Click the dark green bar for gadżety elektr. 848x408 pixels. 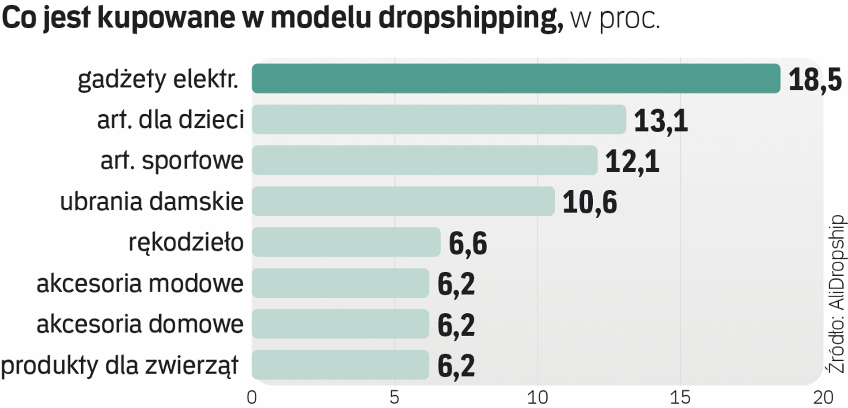(x=516, y=79)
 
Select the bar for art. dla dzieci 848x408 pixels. (x=439, y=120)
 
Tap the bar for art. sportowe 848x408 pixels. (x=424, y=161)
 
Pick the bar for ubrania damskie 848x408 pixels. (x=403, y=202)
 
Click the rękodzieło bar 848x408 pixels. (x=346, y=242)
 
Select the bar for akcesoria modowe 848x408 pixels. (x=340, y=283)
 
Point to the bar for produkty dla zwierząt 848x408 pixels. (x=340, y=365)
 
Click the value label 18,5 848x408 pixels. (x=815, y=80)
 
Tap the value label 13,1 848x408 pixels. (x=661, y=120)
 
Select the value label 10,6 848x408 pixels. (x=590, y=202)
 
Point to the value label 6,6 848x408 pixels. (x=468, y=243)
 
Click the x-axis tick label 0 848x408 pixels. (x=252, y=397)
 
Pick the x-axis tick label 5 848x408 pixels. (x=394, y=397)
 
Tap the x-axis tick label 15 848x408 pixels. (x=680, y=397)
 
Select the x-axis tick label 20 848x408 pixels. (x=823, y=397)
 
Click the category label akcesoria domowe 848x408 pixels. (x=140, y=324)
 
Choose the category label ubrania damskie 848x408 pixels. (x=151, y=202)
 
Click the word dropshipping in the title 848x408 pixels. (x=471, y=19)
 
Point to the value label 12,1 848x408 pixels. (x=632, y=161)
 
